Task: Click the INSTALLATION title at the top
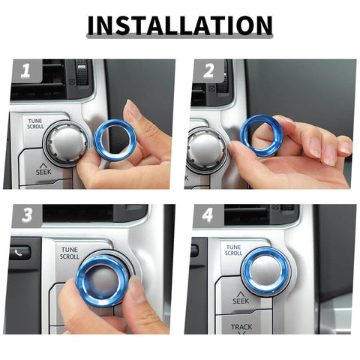179,25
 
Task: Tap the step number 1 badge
25,72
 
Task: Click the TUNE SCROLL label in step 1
35,123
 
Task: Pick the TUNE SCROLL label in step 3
70,253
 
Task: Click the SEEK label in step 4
241,299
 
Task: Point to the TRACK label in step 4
241,327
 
